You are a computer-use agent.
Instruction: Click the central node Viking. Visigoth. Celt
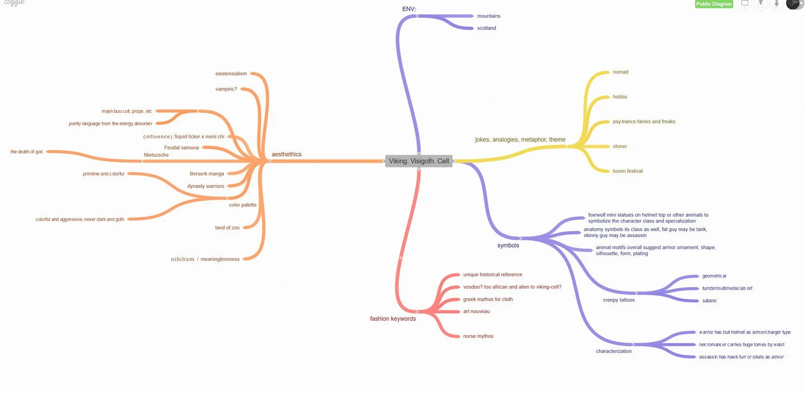click(419, 161)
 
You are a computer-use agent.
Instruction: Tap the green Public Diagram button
click(714, 4)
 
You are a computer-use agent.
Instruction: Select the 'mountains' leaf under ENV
click(488, 16)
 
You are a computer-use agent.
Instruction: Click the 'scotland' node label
click(486, 28)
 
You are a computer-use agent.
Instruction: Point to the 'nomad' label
click(620, 72)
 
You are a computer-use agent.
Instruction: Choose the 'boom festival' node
click(627, 171)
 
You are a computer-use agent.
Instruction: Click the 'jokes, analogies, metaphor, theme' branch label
click(520, 140)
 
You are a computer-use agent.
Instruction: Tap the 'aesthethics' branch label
click(287, 154)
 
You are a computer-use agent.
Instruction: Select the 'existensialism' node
click(231, 73)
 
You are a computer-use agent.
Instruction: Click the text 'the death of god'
click(26, 152)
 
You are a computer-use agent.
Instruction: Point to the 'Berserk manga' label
click(207, 174)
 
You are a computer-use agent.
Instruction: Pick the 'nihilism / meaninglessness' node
click(205, 259)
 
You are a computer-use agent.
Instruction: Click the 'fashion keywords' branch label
click(393, 318)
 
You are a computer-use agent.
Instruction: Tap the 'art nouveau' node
click(476, 312)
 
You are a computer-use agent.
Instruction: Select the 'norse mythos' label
click(478, 336)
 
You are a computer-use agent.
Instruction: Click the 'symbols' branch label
click(508, 246)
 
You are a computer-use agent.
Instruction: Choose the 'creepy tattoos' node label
click(618, 300)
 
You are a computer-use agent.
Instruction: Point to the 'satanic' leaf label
click(709, 301)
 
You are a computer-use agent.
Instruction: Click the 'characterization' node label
click(613, 351)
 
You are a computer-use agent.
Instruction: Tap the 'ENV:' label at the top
click(409, 9)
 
